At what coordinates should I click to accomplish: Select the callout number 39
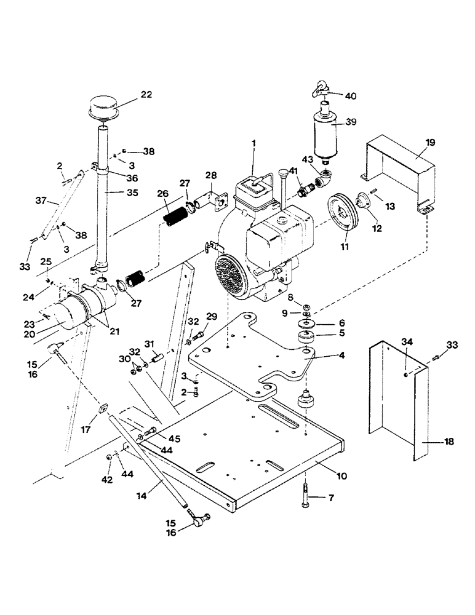tap(368, 122)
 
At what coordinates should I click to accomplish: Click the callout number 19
tap(430, 142)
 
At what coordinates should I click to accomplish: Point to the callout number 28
tap(211, 177)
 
